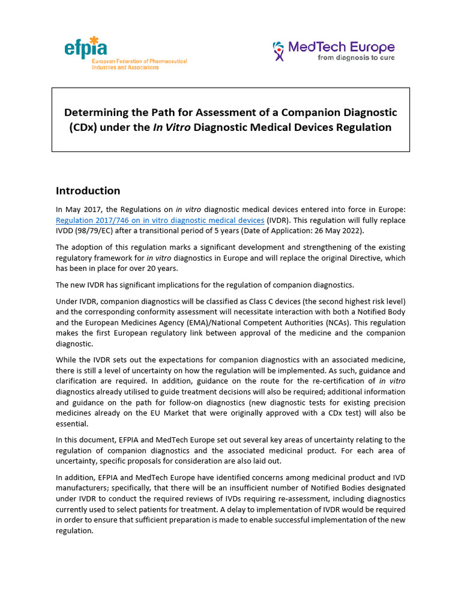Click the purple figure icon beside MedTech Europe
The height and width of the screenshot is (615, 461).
click(279, 51)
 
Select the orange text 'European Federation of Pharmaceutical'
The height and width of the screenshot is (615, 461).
click(139, 61)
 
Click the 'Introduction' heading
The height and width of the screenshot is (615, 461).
click(88, 191)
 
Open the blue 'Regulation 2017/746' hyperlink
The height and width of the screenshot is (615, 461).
click(160, 220)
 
